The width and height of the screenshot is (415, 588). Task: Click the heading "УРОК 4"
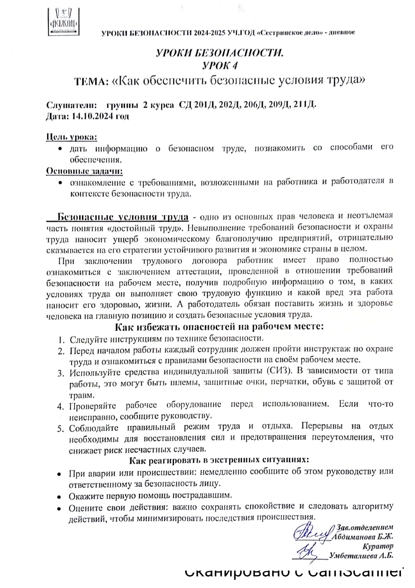220,65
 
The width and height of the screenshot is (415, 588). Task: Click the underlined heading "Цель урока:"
71,137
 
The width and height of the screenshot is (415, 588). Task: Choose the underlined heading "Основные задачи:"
84,171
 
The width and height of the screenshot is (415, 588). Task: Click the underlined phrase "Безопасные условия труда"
122,217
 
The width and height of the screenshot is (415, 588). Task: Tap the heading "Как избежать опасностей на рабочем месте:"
219,326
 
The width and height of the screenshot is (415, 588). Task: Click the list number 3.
61,373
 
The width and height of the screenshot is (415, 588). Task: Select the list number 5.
61,429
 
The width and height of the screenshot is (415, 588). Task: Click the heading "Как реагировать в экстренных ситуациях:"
219,460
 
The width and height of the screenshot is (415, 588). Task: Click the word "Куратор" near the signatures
378,546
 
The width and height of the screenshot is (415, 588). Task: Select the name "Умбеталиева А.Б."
361,556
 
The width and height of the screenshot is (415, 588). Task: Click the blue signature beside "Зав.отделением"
312,533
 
